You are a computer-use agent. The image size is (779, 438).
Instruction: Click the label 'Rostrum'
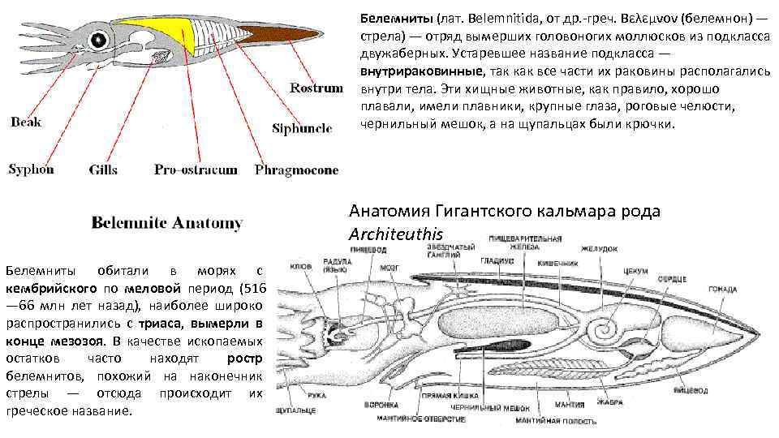tap(316, 88)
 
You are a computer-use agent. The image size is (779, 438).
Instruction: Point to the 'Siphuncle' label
tap(302, 128)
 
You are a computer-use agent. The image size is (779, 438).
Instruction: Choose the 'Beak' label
tap(25, 122)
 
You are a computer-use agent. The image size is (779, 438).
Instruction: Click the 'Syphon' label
tap(31, 169)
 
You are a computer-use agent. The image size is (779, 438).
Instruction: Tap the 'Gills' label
tap(102, 170)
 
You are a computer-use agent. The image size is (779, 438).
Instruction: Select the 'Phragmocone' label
tap(296, 170)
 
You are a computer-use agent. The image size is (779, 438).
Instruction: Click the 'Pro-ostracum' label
tap(196, 170)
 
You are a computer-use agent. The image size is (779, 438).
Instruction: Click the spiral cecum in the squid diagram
tap(604, 328)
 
